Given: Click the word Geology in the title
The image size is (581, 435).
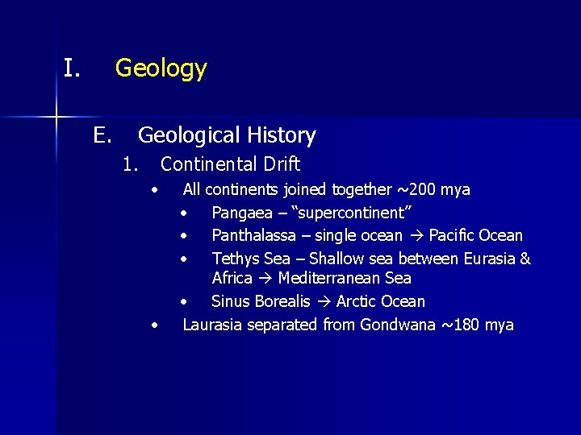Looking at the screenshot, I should (x=161, y=68).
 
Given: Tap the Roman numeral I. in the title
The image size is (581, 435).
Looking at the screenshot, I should (x=72, y=68).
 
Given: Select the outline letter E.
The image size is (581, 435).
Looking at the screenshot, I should (x=101, y=135).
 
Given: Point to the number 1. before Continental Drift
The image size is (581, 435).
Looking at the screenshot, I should (x=131, y=164).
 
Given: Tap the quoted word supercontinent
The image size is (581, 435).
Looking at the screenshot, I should (x=354, y=213).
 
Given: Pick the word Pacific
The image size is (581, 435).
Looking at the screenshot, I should (x=455, y=235).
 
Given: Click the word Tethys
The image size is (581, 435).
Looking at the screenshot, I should (x=234, y=259).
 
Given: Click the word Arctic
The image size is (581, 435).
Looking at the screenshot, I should (x=357, y=301).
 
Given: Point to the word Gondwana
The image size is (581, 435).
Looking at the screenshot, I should (x=395, y=325).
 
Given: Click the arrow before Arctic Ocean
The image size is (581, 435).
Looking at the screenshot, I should (x=323, y=301).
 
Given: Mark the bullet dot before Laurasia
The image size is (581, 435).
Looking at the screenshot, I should (x=155, y=325).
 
